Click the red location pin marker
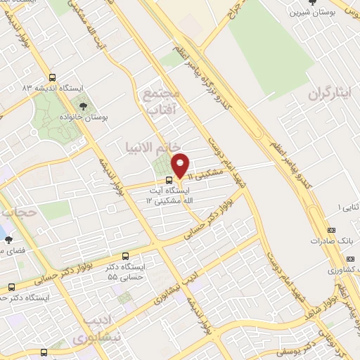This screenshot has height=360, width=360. (x=181, y=166)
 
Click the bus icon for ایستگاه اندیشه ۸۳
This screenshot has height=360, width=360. (x=52, y=78)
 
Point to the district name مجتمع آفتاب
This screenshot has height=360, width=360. (x=162, y=100)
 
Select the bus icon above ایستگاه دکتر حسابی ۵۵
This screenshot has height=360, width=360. (x=126, y=256)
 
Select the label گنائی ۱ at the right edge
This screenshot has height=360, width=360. (x=349, y=207)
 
